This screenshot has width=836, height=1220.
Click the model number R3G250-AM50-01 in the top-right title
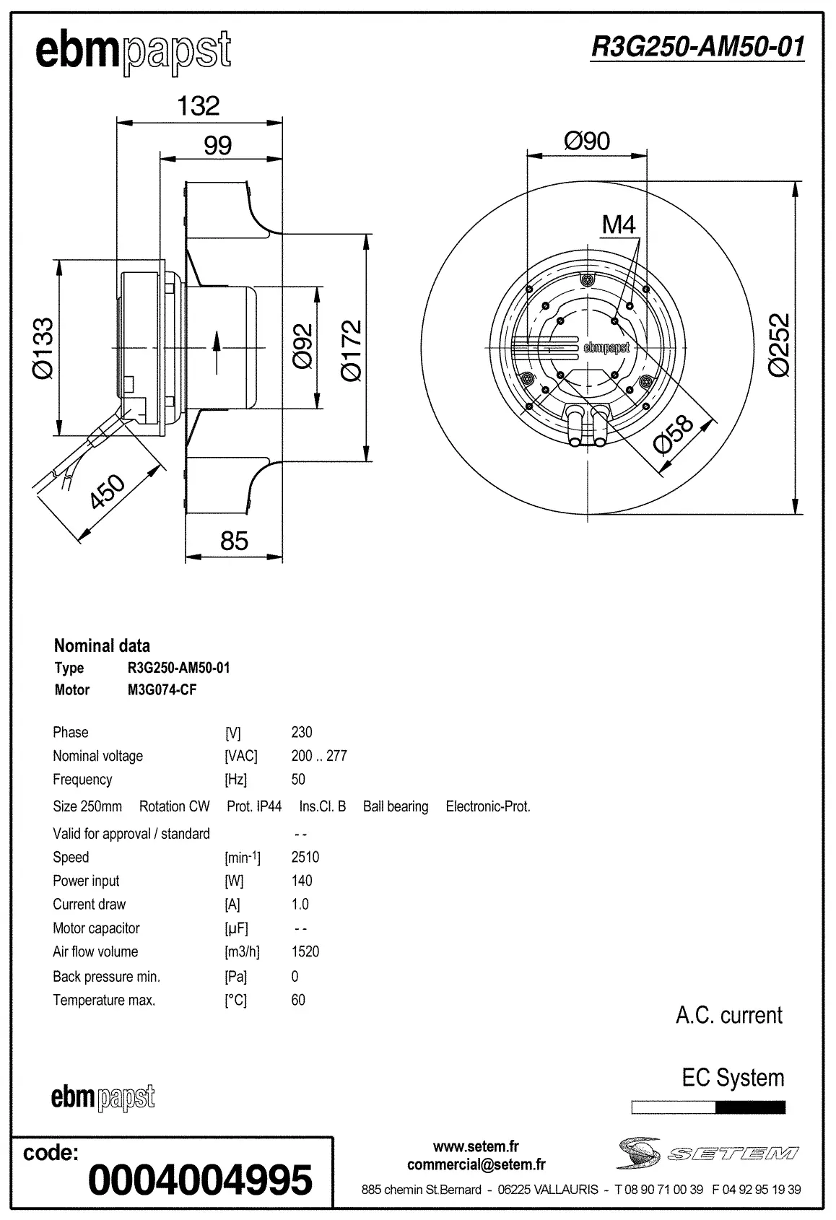[x=697, y=47]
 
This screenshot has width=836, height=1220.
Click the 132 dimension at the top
[x=199, y=106]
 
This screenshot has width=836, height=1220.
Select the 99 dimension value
[x=217, y=146]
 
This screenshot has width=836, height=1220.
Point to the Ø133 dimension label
[x=42, y=347]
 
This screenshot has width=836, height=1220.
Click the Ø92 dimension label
[x=303, y=347]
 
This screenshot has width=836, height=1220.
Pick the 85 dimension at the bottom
[x=234, y=541]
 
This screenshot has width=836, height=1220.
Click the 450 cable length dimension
[x=108, y=493]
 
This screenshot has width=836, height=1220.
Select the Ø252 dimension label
[x=780, y=345]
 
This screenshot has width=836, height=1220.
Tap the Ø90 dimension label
[x=586, y=140]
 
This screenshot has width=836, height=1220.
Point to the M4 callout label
[x=619, y=225]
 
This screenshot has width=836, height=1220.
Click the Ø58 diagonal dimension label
[x=673, y=435]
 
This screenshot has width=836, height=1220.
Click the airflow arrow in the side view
[x=216, y=352]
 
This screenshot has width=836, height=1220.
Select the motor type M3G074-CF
[x=162, y=689]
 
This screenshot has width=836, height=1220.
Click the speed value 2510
[x=305, y=857]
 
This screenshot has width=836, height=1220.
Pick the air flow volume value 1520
[x=305, y=951]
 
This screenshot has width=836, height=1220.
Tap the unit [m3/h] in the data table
[x=242, y=952]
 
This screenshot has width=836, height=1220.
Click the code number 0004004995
[x=201, y=1180]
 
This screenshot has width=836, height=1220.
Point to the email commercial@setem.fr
[x=476, y=1164]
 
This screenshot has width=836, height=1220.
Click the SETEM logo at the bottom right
[x=707, y=1153]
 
